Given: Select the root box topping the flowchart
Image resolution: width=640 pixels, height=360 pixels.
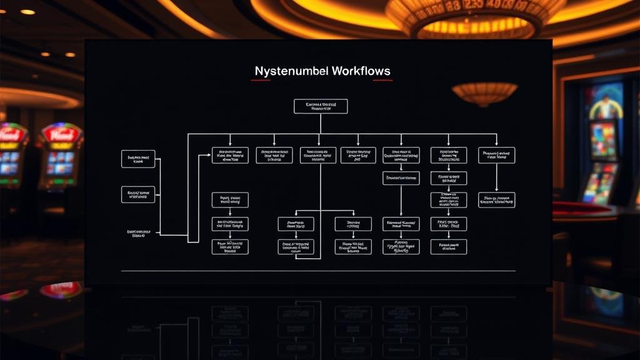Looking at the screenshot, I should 321,106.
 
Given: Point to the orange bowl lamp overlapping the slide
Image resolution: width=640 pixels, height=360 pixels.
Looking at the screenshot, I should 484,93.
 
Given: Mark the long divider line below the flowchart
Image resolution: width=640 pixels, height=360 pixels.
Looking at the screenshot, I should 318,271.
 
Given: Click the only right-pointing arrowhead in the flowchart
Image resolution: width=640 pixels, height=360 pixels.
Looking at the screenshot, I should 207,155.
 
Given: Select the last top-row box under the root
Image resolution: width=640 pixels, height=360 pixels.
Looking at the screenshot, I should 496,155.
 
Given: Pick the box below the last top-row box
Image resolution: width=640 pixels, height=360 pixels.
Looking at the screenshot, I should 496,200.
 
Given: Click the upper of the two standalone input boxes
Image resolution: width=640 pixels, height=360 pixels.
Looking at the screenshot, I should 138,159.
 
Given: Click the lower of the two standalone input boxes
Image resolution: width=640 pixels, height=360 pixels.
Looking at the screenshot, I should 138,194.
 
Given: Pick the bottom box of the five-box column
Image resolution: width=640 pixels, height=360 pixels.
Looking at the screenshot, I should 448,246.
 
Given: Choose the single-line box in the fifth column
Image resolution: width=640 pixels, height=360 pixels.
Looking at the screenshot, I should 401,178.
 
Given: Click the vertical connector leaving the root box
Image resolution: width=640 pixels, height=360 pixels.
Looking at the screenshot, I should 321,123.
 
